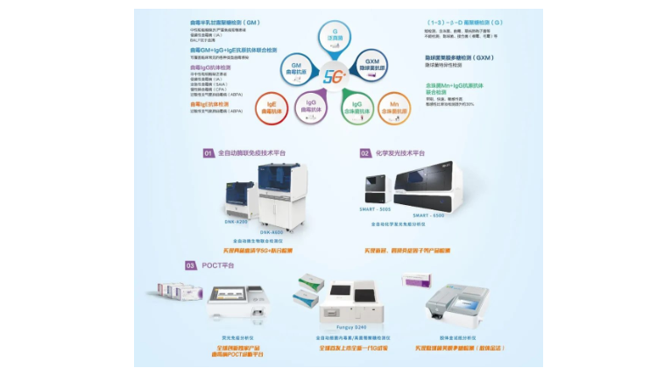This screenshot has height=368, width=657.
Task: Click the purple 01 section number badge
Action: coord(208,152)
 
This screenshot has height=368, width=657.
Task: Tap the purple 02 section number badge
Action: coord(365,152)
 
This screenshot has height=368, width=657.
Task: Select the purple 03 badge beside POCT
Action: coord(189,265)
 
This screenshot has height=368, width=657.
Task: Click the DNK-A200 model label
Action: coord(237,223)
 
